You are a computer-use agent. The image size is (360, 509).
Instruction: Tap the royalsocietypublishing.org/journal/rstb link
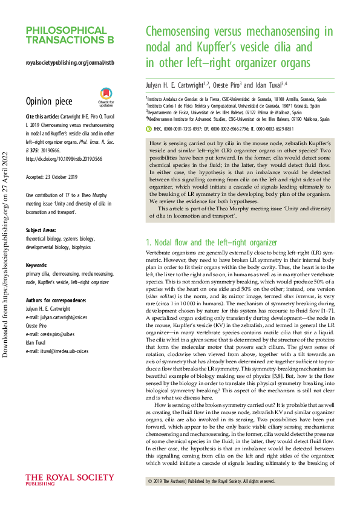pos(70,62)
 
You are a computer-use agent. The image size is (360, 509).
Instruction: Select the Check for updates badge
pos(106,96)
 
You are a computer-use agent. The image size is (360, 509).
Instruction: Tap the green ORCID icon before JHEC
pos(149,129)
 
